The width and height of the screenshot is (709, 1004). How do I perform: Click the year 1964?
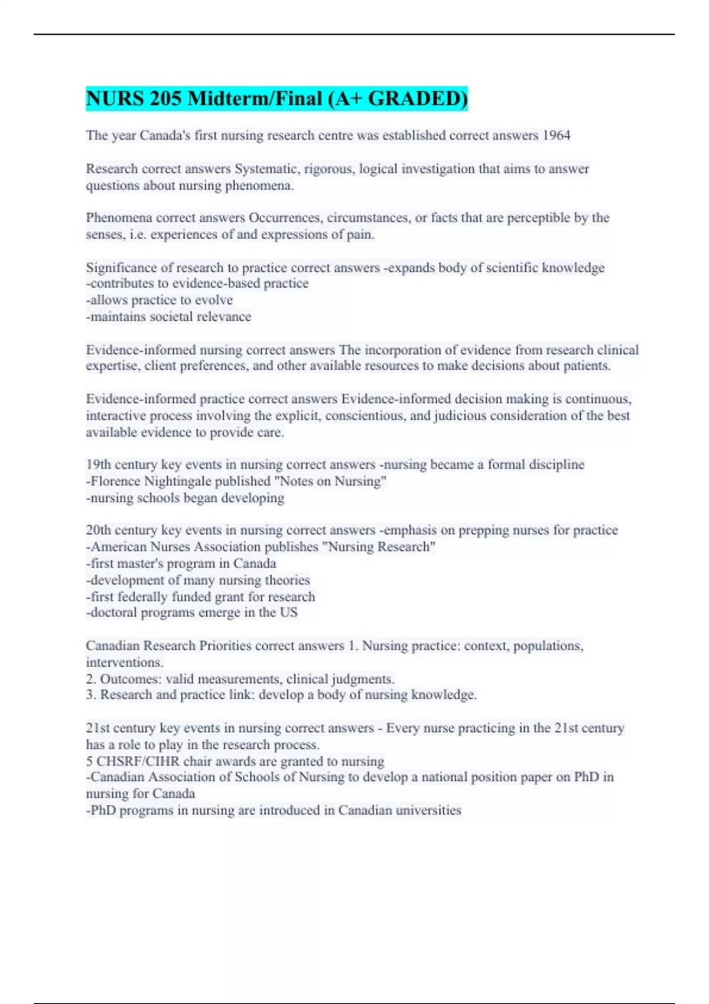pos(556,135)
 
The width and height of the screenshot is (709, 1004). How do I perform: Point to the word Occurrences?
pos(285,218)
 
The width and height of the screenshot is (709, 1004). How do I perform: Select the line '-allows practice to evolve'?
pos(160,300)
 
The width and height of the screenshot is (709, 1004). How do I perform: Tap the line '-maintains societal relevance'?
pos(169,317)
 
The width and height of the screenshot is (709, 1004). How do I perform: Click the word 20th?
pos(99,530)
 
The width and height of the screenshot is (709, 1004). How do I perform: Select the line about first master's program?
pos(181,563)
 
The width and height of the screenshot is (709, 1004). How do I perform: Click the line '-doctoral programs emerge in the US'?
pos(192,612)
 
